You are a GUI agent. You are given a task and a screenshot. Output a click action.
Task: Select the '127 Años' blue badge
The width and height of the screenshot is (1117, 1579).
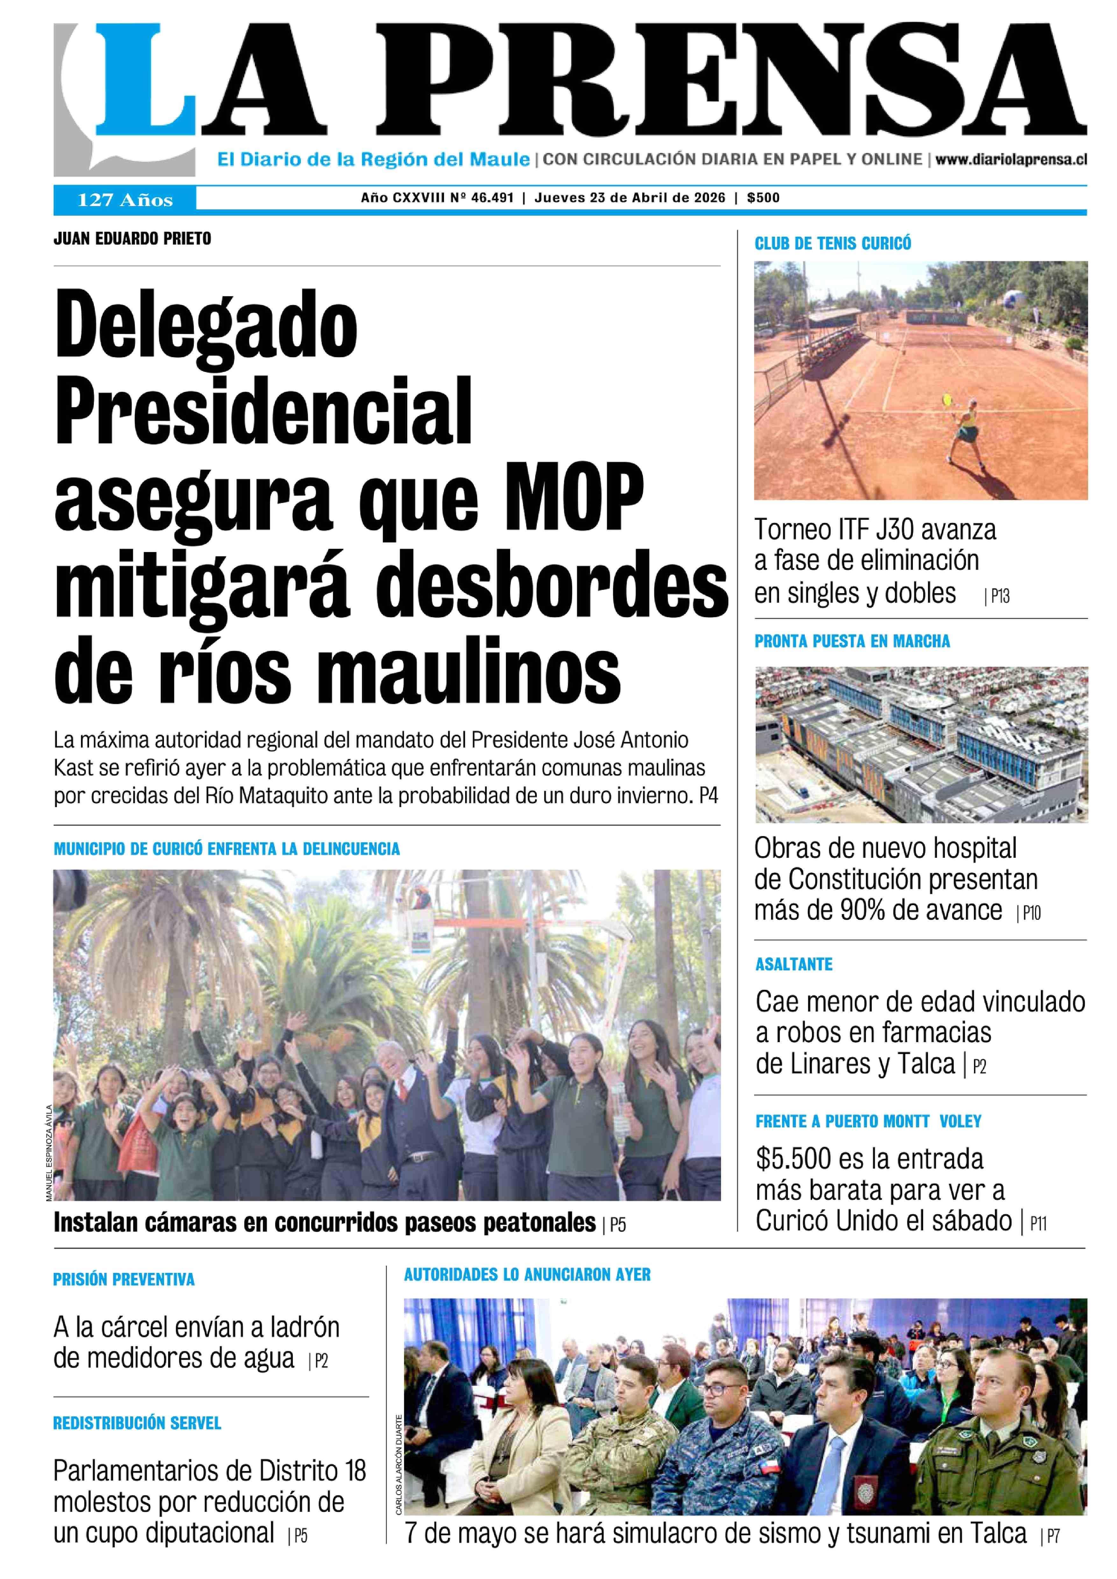point(125,200)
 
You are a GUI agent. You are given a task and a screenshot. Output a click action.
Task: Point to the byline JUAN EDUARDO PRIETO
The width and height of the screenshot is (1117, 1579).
point(132,239)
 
